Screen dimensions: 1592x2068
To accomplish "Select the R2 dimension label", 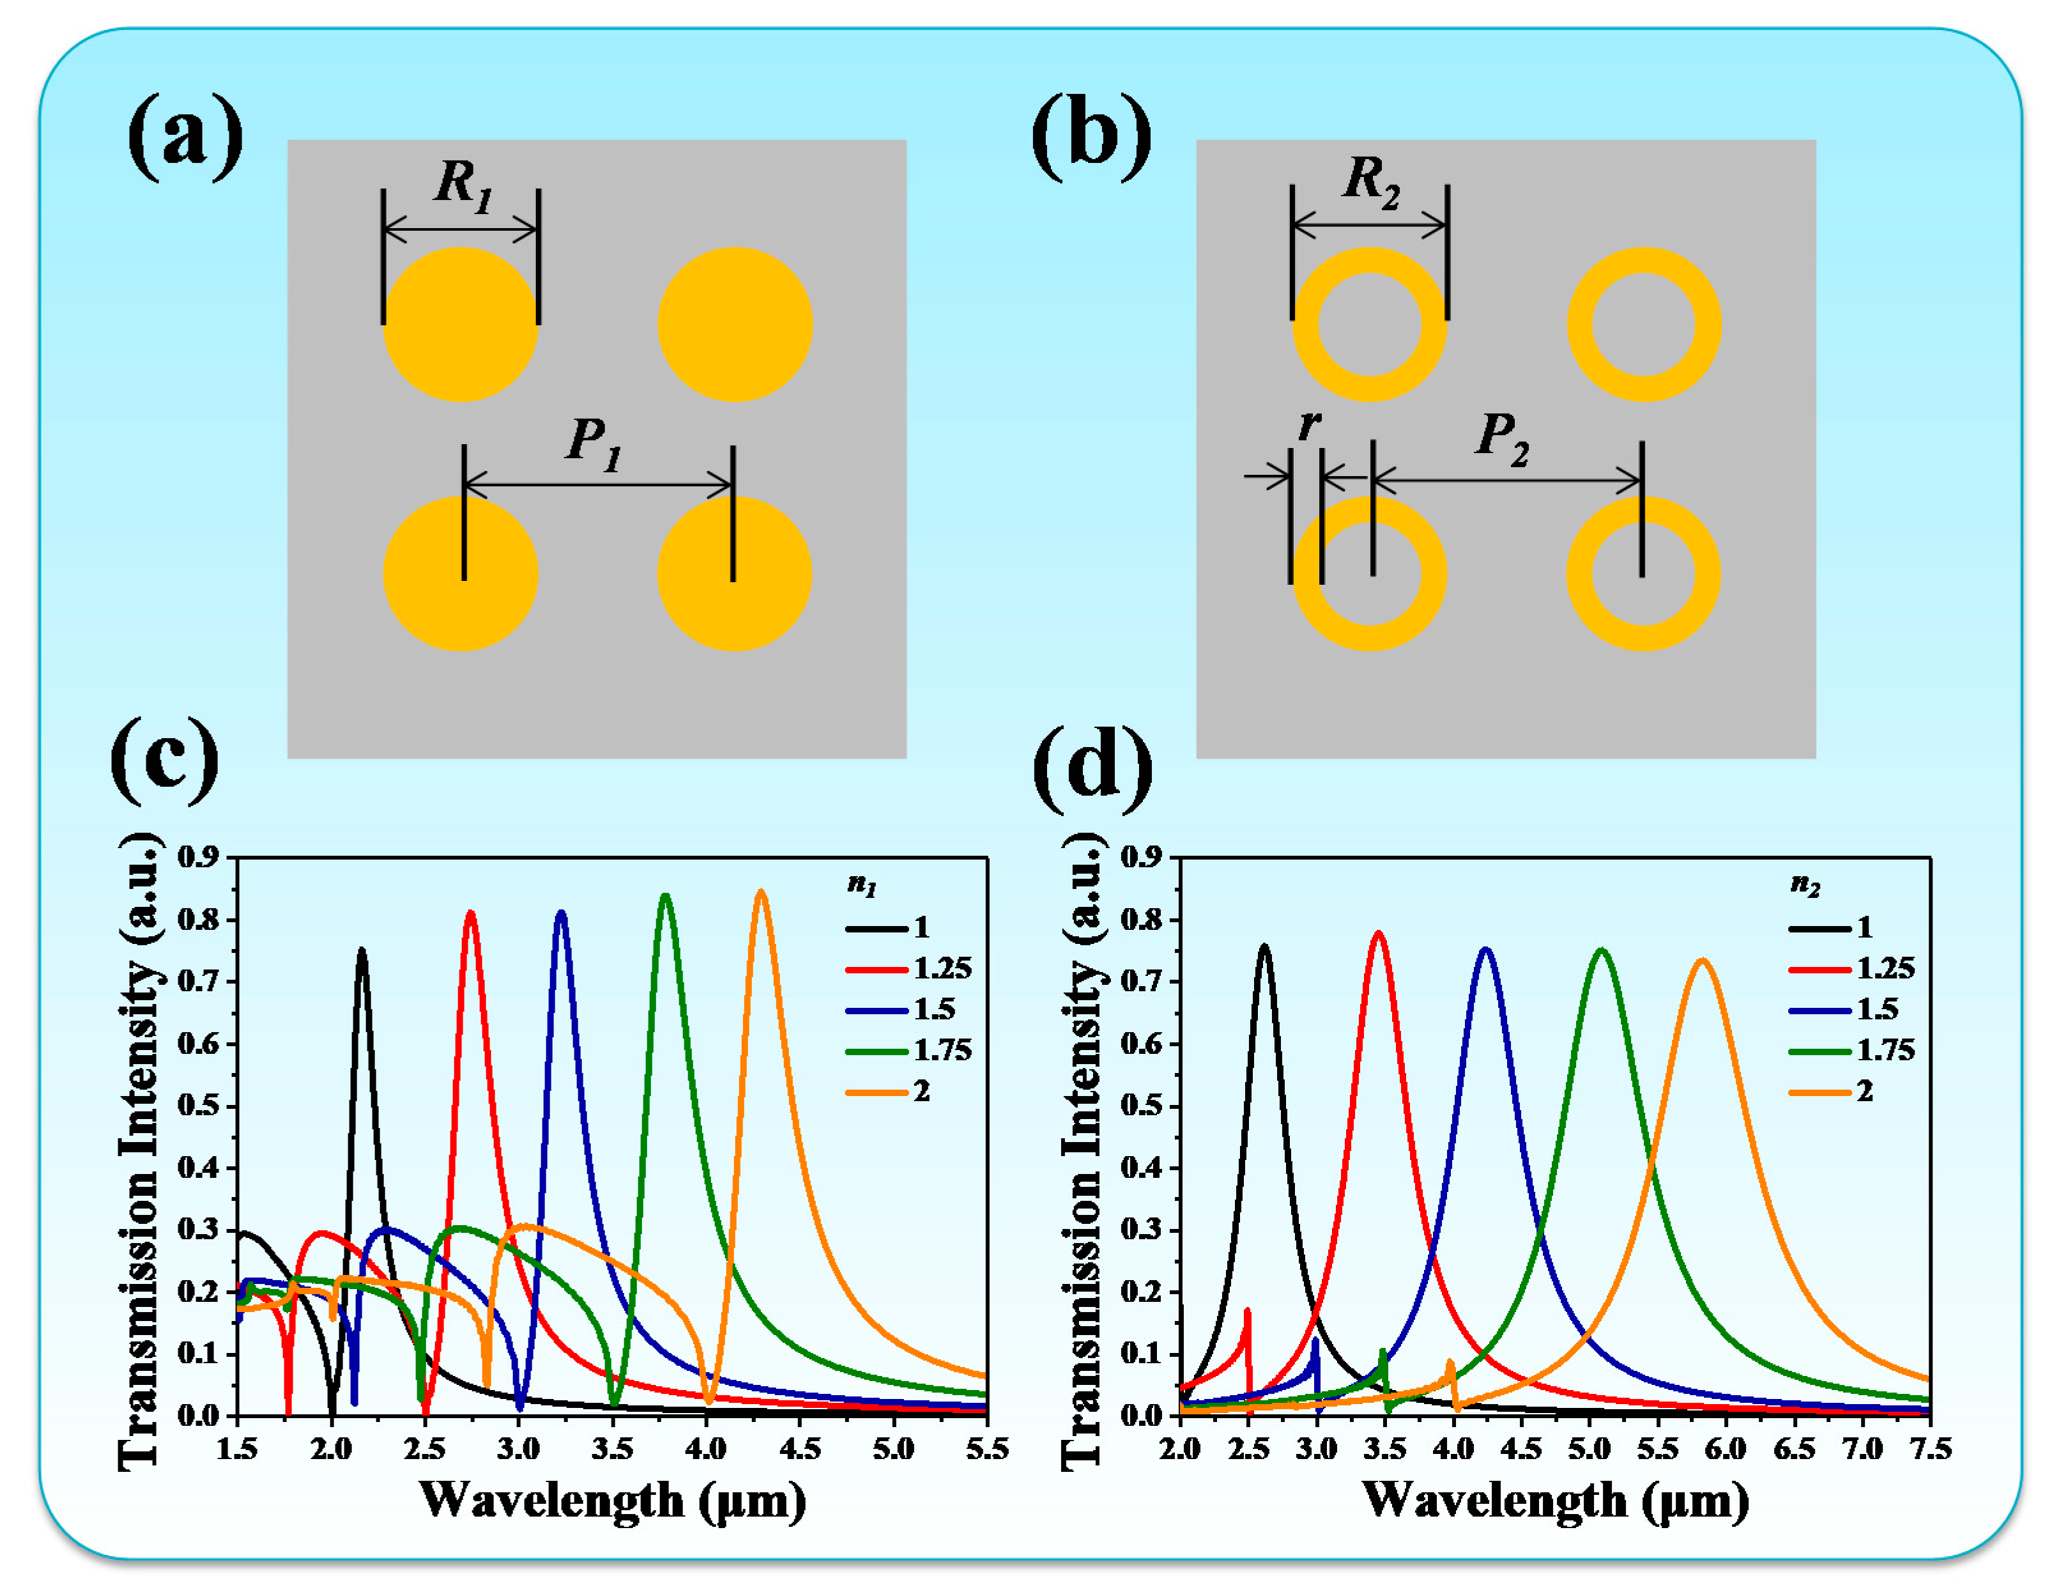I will click(1371, 180).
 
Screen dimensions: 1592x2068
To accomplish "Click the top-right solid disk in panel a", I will click(735, 324).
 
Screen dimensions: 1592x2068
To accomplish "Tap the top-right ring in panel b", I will click(1644, 324).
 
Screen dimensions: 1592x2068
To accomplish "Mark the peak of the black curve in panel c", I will click(361, 949).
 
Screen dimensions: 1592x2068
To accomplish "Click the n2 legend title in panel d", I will click(1805, 885).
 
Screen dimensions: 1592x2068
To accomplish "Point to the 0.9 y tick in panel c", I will click(198, 857).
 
